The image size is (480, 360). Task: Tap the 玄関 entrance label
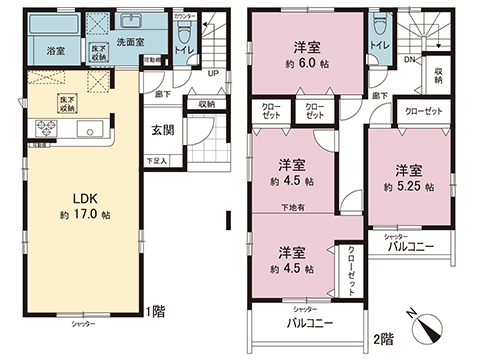coord(163,129)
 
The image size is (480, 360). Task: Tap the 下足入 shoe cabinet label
coord(157,160)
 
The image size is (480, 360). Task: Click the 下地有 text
coord(292,208)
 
